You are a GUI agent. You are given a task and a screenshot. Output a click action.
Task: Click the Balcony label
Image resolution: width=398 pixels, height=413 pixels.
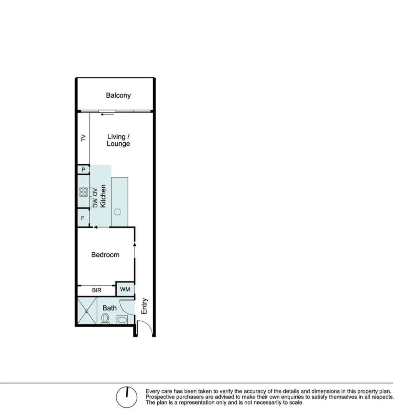tap(118, 95)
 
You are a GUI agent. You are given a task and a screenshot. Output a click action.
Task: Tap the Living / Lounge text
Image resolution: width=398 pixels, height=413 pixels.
tap(118, 140)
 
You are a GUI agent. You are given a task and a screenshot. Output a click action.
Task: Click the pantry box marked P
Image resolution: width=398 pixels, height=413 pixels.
tap(83, 170)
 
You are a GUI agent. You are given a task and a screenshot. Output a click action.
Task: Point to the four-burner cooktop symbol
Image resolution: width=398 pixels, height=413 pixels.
tap(83, 192)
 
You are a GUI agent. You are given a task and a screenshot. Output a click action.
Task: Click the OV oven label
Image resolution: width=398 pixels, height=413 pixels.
tap(95, 192)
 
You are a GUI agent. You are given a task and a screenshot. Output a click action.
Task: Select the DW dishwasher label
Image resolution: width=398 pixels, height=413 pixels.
tap(95, 203)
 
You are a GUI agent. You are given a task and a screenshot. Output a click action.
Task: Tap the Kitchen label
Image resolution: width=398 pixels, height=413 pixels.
tap(103, 196)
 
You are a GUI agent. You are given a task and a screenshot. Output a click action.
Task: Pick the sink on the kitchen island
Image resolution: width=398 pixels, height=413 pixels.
tap(118, 211)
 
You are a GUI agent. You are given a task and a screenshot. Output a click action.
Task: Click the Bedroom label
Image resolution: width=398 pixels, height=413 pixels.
tap(105, 255)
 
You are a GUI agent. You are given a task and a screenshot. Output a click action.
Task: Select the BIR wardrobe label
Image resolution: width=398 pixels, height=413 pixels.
tap(97, 290)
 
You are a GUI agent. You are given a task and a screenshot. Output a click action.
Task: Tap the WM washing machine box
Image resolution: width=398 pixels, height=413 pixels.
tap(125, 289)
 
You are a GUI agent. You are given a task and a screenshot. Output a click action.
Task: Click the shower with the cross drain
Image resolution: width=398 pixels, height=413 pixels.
tap(87, 311)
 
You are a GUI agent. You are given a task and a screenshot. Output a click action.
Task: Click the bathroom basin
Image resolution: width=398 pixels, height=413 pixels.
tap(122, 319)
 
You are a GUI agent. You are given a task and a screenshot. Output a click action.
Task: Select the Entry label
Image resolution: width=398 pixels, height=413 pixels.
tap(144, 306)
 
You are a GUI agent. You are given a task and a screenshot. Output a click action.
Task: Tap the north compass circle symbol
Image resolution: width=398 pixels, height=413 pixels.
tap(127, 397)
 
